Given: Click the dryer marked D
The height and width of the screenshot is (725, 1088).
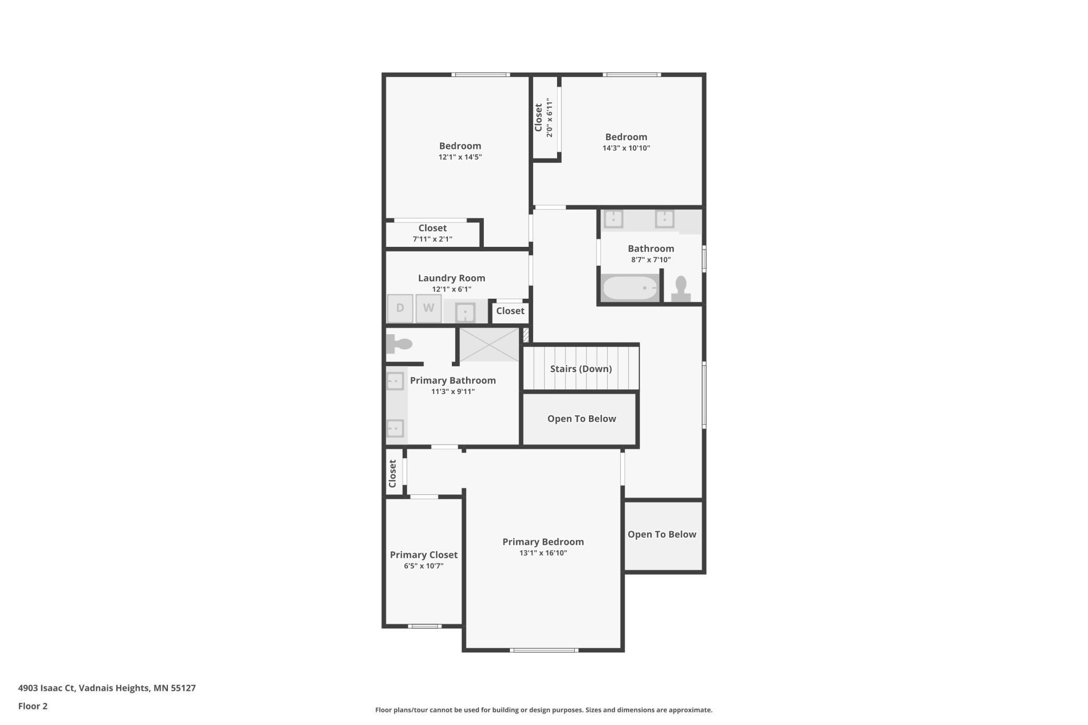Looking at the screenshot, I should tap(400, 308).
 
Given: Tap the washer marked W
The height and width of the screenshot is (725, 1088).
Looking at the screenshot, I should tap(428, 308).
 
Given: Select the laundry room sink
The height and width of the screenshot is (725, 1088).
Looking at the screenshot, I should tap(465, 312).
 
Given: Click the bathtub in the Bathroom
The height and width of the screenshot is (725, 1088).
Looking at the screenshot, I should tap(630, 288).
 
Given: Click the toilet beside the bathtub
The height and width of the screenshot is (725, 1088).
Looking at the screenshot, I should tap(681, 289).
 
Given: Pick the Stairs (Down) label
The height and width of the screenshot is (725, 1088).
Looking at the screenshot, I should tap(581, 369).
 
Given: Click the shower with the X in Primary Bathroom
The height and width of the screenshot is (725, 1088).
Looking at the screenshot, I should tap(489, 344).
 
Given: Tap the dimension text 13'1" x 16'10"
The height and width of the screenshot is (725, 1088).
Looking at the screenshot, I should tap(543, 553).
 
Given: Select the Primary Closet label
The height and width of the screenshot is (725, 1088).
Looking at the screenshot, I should tap(424, 554).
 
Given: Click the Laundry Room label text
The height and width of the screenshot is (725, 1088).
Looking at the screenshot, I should tap(451, 278).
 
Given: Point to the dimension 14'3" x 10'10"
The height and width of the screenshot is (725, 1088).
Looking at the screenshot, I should tap(626, 148).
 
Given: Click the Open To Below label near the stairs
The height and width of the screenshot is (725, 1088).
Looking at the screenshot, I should tap(582, 418).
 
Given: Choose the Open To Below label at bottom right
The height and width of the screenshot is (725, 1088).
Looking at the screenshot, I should tap(662, 534).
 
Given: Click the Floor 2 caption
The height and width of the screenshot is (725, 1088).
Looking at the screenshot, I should tap(33, 706).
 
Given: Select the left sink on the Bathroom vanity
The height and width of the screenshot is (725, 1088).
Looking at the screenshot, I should tap(614, 218).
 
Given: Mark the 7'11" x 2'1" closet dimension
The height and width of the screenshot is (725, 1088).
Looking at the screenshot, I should tap(433, 239).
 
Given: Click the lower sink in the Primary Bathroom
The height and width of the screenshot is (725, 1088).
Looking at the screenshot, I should tap(395, 428).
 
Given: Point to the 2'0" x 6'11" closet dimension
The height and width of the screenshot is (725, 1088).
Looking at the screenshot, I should tap(549, 118).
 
